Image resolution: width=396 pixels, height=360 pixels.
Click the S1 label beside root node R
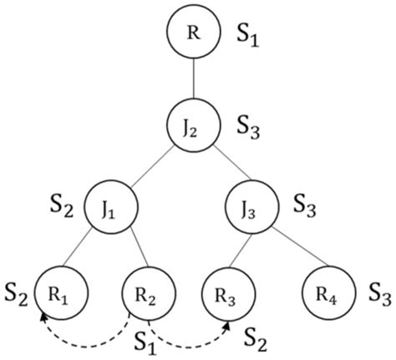click(253, 38)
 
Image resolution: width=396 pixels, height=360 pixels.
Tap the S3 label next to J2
click(253, 129)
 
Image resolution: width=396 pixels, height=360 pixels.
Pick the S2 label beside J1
click(62, 206)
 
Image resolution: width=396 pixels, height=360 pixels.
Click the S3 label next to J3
click(309, 206)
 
